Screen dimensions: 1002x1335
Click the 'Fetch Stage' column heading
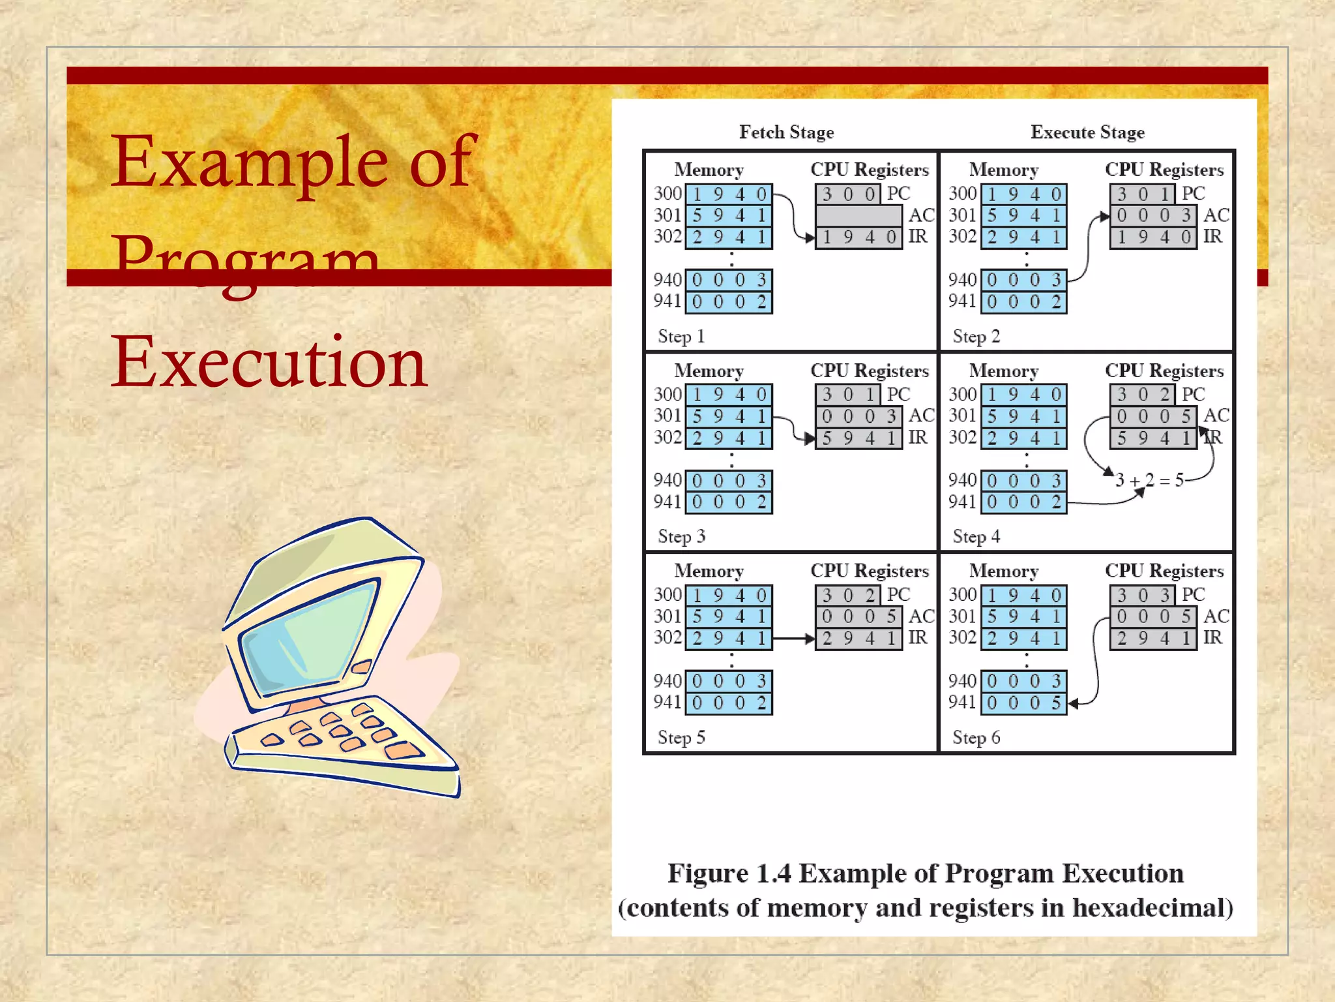[786, 132]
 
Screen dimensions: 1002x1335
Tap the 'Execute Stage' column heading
[1087, 132]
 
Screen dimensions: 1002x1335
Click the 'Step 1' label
[681, 337]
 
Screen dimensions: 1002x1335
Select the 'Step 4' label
[976, 537]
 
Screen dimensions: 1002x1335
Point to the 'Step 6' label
[976, 738]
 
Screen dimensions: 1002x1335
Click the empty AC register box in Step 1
[858, 215]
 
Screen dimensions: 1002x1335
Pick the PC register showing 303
[1142, 595]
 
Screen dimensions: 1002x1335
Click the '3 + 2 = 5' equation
[1149, 481]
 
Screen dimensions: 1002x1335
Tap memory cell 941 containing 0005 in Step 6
[1023, 703]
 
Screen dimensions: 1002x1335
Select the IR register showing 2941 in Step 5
[858, 638]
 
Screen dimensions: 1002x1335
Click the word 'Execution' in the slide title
[269, 361]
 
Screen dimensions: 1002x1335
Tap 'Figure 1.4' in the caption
[729, 873]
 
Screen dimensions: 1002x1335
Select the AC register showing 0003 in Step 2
[1153, 215]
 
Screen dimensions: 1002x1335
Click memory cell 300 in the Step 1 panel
[729, 194]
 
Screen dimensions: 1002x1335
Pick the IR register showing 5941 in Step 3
[858, 438]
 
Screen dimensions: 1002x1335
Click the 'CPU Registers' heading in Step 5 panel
[869, 571]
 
